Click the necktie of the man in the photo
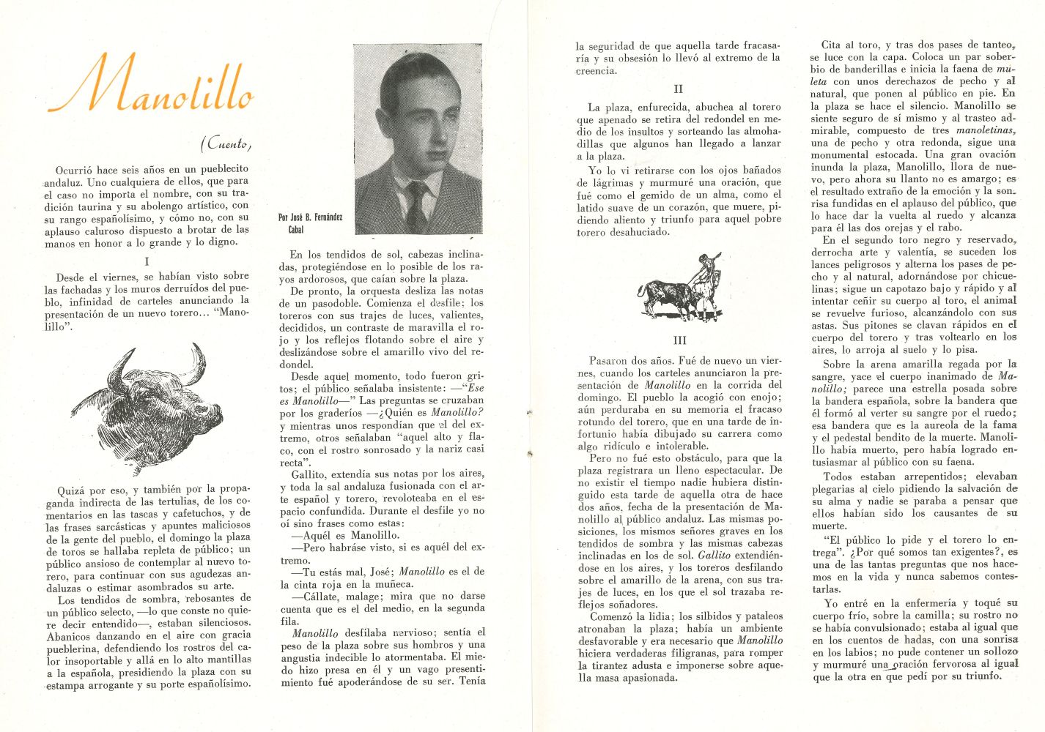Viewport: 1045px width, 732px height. click(417, 205)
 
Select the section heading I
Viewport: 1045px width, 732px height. click(147, 261)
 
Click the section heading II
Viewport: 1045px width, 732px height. click(678, 89)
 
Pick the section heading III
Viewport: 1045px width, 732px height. click(679, 340)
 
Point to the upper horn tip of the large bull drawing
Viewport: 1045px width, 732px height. click(199, 349)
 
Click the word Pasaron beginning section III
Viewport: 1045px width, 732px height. click(609, 361)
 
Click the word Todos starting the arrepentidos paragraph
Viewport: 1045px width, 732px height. click(838, 477)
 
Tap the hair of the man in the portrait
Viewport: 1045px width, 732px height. click(414, 73)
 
